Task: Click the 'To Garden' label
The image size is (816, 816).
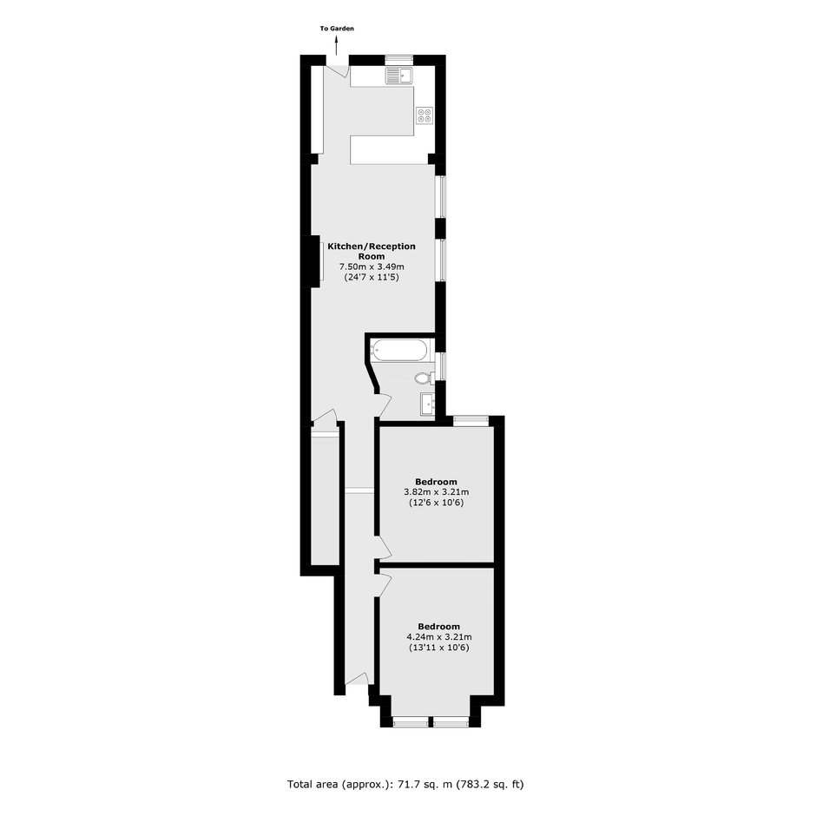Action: [x=337, y=29]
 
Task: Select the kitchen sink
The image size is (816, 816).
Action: [x=398, y=76]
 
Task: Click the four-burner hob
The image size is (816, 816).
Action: [x=424, y=115]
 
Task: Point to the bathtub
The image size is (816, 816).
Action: [x=401, y=350]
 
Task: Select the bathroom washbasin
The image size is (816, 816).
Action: [x=428, y=404]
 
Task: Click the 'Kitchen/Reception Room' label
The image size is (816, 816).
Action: [x=372, y=252]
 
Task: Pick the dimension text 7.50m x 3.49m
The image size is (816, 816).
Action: [x=372, y=267]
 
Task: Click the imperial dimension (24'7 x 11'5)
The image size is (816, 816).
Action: [x=372, y=278]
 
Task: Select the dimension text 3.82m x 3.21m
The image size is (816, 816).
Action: [x=436, y=492]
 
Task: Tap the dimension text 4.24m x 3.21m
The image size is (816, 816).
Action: [x=439, y=637]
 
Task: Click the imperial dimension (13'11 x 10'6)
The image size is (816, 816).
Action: [x=439, y=648]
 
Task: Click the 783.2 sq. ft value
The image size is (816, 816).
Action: [x=490, y=784]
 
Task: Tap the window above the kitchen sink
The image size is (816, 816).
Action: [x=399, y=60]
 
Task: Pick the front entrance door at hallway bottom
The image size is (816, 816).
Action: [x=358, y=680]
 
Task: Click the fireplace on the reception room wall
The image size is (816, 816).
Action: [x=316, y=260]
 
